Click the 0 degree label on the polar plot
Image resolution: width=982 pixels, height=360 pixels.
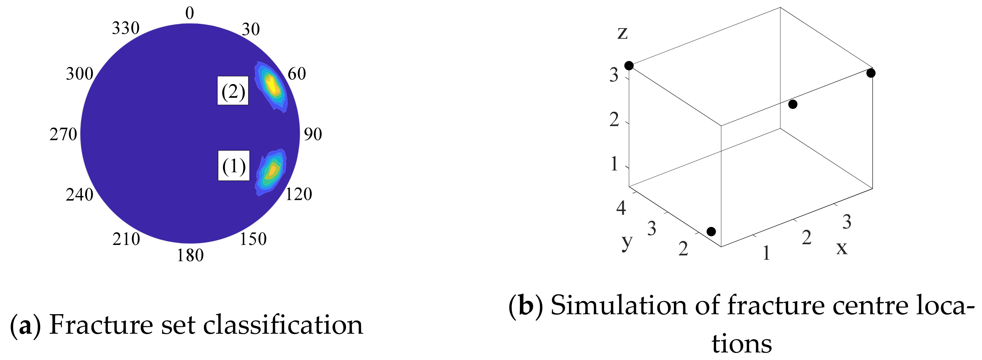pos(189,13)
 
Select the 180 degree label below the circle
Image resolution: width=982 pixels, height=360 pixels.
pos(190,255)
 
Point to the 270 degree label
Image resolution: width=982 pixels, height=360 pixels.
pos(63,134)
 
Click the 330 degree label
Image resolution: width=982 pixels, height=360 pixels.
pos(126,28)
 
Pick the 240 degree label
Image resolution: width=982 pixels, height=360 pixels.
pos(79,194)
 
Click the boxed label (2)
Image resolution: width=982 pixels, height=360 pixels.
pos(233,91)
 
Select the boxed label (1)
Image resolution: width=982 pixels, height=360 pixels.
pos(234,166)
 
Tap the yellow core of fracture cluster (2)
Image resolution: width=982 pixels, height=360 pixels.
pos(272,86)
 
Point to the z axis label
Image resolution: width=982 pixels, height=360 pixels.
pos(623,32)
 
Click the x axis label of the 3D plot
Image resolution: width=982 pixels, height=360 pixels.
pos(842,247)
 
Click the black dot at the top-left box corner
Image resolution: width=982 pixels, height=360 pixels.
pos(629,66)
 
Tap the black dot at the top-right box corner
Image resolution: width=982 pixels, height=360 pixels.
pos(871,73)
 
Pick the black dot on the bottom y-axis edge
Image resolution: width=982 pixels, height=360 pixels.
pos(711,232)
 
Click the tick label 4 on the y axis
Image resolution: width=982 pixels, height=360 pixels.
pos(621,208)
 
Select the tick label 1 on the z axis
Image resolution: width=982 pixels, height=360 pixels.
pos(614,164)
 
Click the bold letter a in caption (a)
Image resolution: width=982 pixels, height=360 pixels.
pos(25,325)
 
